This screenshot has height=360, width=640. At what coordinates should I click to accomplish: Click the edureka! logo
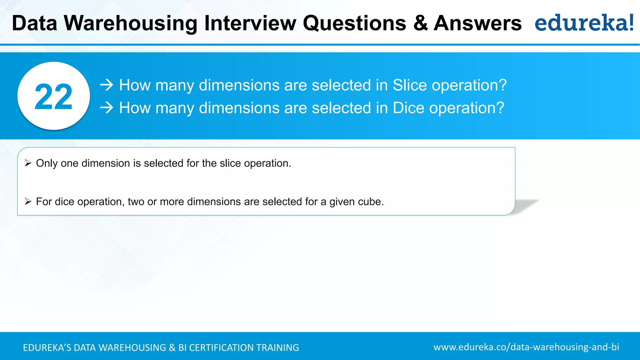click(584, 23)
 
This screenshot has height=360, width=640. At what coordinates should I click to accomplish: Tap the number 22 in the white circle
click(53, 97)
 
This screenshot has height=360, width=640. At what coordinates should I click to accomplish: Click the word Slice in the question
click(410, 85)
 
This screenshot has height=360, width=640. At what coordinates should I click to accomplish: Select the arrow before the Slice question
click(107, 85)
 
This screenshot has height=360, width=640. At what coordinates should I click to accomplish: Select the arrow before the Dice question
click(107, 108)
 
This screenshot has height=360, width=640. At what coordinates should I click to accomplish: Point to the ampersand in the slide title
click(420, 23)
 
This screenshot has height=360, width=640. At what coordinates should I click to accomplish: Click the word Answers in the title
click(477, 23)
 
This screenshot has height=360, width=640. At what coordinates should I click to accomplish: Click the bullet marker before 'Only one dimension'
click(28, 163)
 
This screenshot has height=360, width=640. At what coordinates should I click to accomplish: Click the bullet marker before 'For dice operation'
click(28, 202)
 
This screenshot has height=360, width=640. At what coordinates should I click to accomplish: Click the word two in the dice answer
click(136, 202)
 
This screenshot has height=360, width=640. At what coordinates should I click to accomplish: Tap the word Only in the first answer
click(47, 163)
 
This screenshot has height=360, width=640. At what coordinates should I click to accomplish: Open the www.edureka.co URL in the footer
click(526, 347)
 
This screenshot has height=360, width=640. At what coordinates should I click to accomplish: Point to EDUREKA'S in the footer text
click(47, 347)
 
